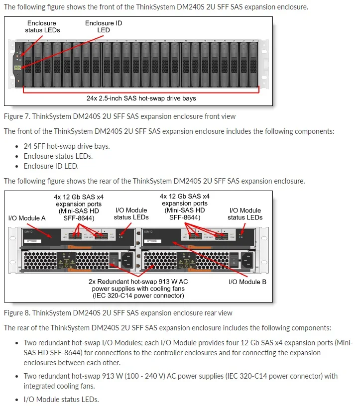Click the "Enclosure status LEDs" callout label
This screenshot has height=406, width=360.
tap(42, 26)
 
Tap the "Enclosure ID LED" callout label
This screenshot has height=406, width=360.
tap(103, 26)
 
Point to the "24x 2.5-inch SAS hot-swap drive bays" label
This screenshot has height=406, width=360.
tap(141, 98)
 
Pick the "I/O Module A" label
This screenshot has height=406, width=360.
tap(27, 218)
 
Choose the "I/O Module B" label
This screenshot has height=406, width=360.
tap(247, 282)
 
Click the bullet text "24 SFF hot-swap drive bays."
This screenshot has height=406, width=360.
tap(67, 146)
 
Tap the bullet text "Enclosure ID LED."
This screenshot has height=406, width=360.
tap(51, 166)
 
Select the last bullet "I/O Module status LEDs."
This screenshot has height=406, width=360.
tap(61, 399)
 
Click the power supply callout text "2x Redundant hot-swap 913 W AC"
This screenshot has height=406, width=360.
tap(138, 281)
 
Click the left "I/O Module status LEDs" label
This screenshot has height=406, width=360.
tap(131, 213)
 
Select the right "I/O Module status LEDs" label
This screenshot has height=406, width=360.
tap(245, 214)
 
